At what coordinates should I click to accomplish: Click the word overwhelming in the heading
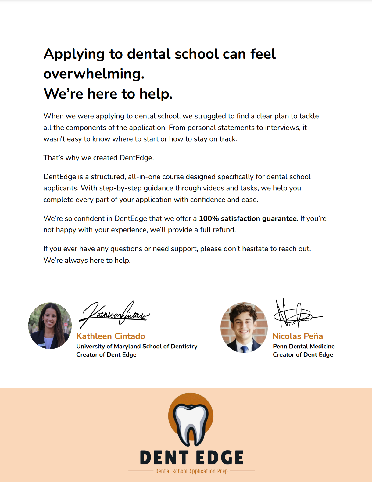[x=94, y=74]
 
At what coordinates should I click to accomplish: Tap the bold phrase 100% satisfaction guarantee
[x=248, y=218]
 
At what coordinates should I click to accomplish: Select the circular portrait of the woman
[x=50, y=326]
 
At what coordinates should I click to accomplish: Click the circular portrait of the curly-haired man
[x=244, y=327]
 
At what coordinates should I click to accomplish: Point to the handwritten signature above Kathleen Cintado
[x=114, y=314]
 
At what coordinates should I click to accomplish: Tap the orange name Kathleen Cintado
[x=111, y=336]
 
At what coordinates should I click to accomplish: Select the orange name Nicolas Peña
[x=298, y=336]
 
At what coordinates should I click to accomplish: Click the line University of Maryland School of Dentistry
[x=137, y=347]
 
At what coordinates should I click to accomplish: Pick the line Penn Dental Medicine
[x=304, y=347]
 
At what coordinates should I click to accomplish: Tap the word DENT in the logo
[x=164, y=458]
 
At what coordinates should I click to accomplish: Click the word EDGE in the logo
[x=220, y=458]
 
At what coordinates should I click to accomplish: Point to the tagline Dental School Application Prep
[x=191, y=471]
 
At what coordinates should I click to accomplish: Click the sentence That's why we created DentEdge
[x=98, y=158]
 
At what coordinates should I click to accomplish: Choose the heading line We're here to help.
[x=108, y=94]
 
